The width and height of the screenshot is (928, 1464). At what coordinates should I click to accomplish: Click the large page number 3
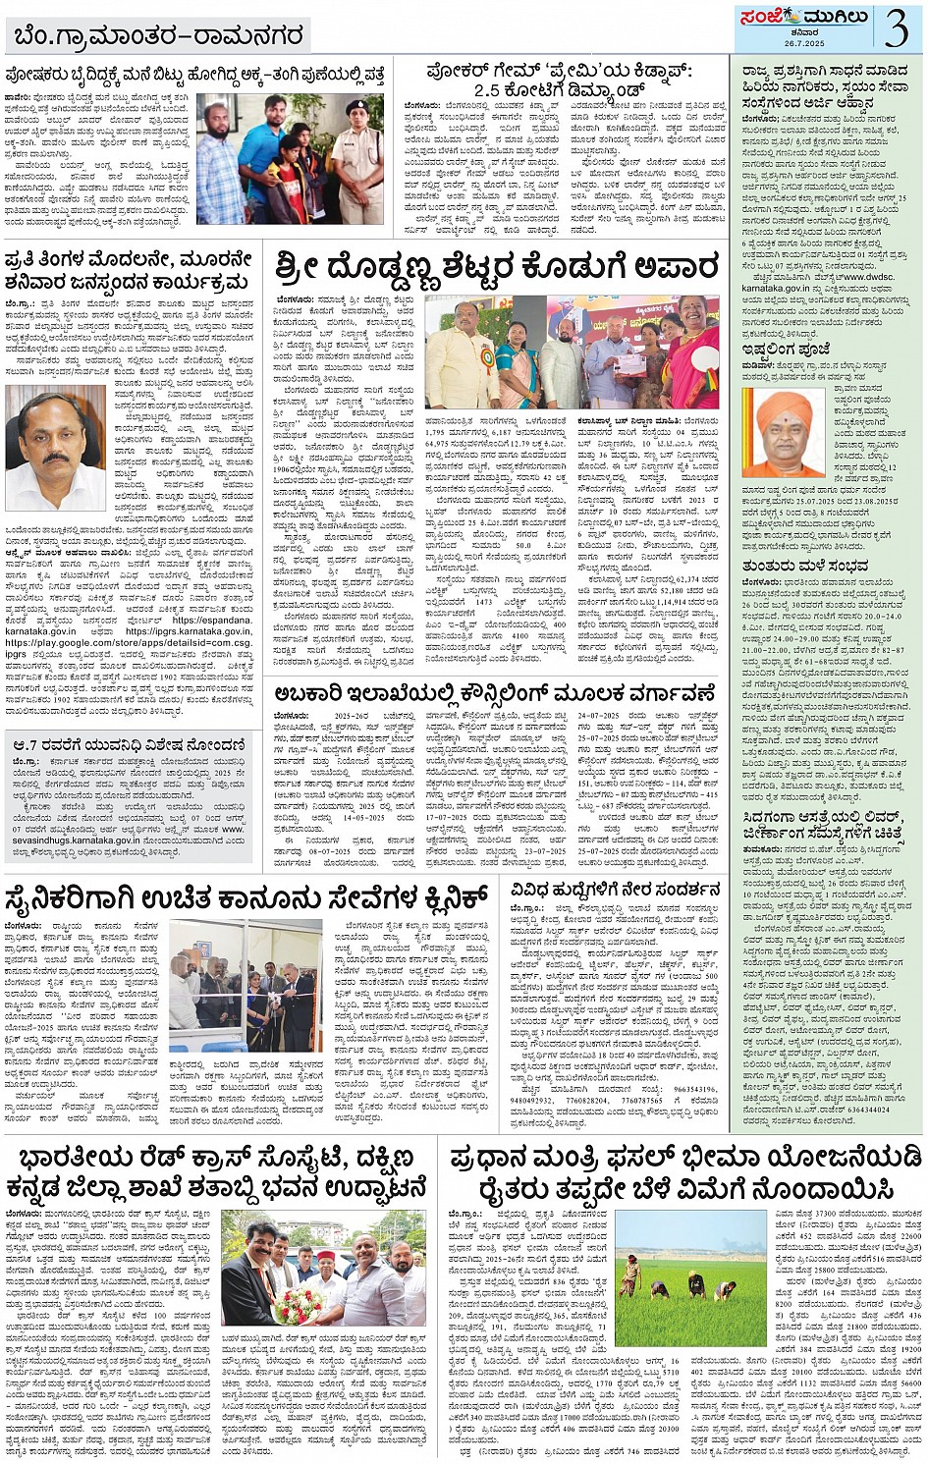tap(895, 27)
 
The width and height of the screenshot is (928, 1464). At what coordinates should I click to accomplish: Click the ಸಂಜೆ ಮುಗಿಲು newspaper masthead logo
tap(792, 18)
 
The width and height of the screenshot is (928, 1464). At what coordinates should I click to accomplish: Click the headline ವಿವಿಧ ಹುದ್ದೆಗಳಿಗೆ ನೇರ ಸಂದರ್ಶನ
tap(615, 890)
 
